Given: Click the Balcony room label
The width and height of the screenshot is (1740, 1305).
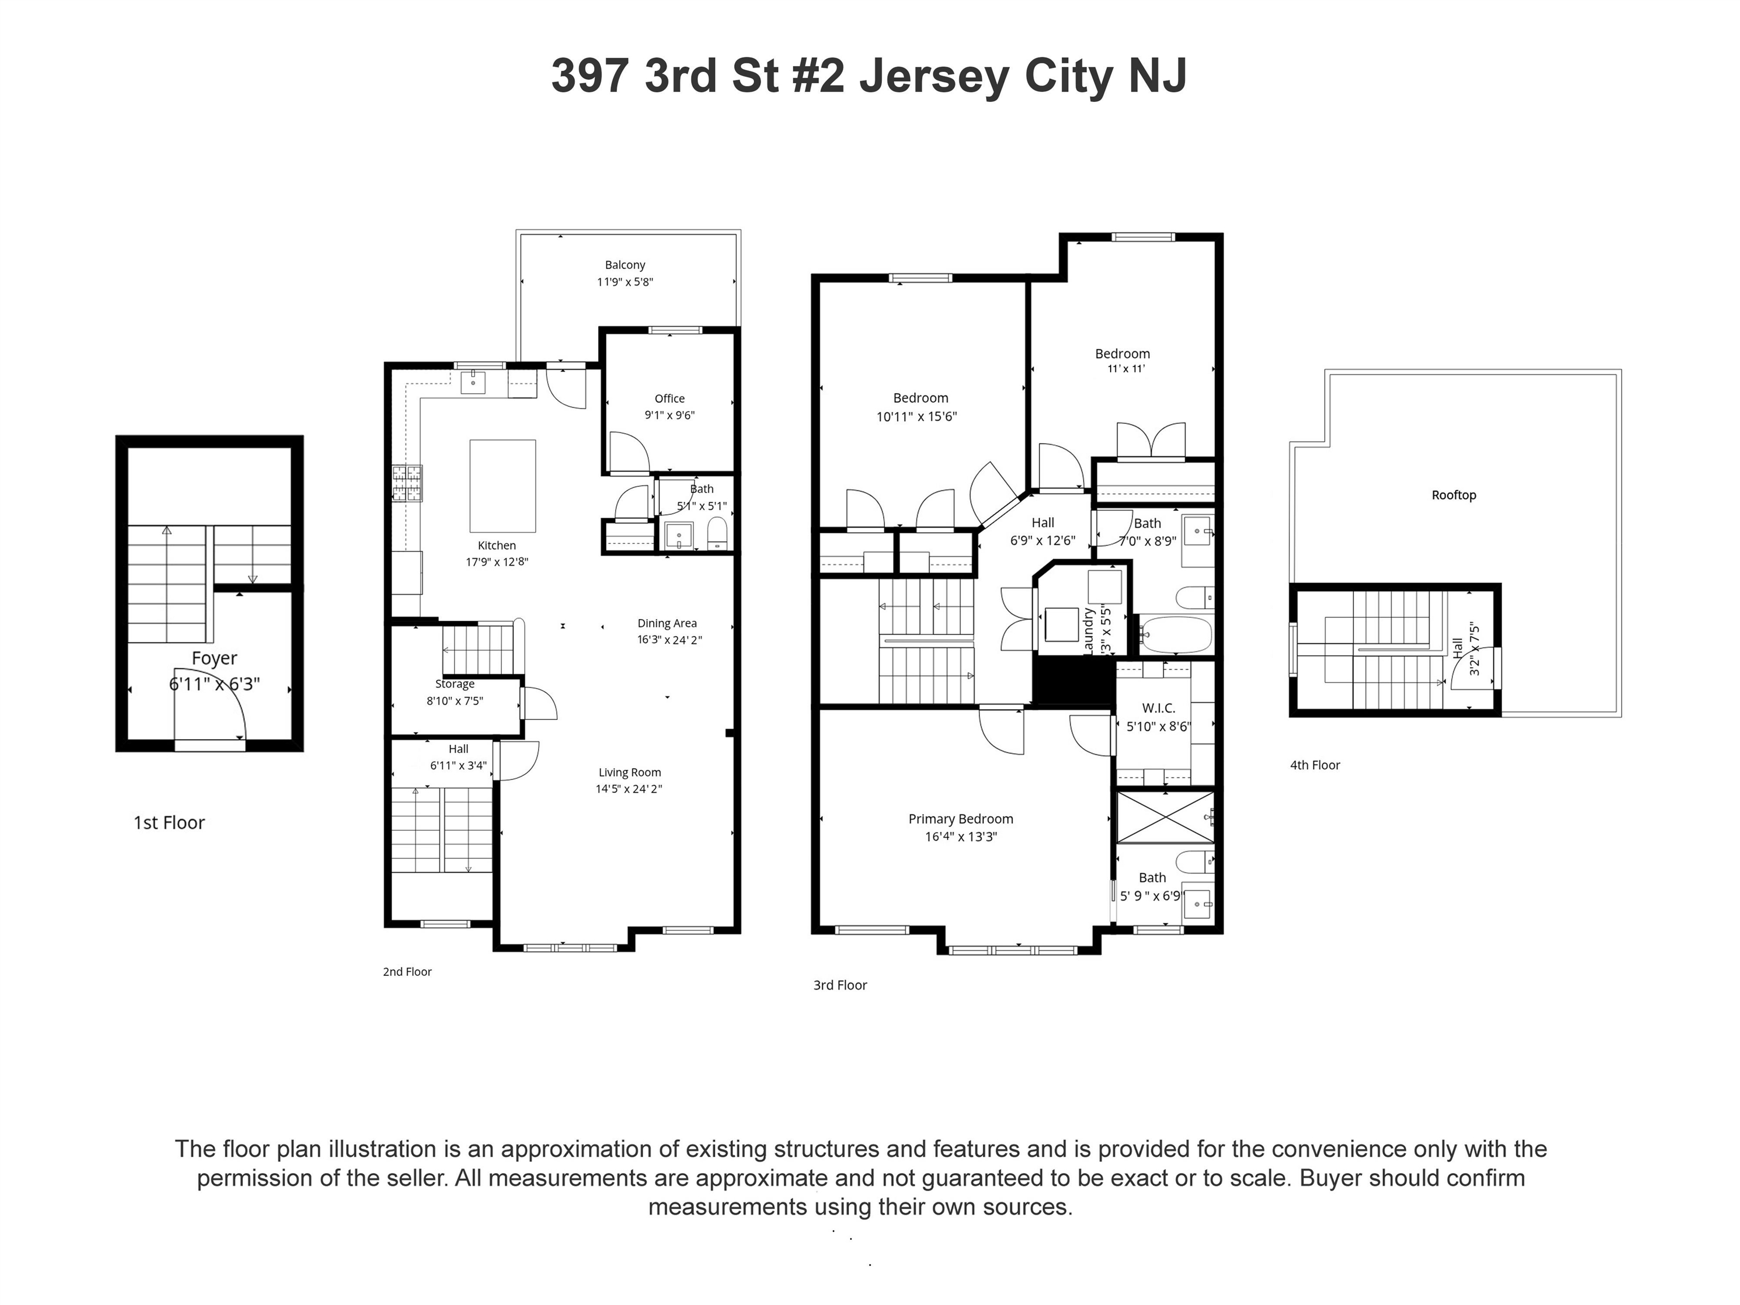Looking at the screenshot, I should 625,265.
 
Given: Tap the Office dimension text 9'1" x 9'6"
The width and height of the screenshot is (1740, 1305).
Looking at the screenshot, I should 669,415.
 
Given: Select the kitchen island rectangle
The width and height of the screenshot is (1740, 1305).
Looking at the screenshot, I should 502,486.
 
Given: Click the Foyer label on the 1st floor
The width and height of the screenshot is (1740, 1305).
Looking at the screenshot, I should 214,658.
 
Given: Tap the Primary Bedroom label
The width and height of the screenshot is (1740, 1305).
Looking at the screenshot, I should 961,819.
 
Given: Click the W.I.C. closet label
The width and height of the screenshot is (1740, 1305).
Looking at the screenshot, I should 1159,709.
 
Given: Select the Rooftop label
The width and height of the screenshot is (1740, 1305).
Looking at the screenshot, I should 1453,495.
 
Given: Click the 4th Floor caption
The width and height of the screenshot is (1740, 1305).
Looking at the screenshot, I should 1315,765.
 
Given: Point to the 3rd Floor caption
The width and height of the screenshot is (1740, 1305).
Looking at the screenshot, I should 839,985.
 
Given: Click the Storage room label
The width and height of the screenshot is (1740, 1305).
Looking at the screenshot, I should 455,684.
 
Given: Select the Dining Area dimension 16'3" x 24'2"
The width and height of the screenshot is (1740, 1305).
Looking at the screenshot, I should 669,639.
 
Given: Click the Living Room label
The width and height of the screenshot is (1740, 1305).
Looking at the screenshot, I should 629,773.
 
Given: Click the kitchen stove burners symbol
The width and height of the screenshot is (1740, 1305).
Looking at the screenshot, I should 407,483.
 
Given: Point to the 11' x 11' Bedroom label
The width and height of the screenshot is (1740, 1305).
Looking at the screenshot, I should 1123,354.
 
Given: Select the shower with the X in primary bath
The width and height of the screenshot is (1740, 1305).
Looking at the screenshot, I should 1165,817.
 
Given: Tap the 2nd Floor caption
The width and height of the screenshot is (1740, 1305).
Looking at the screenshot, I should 407,971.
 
